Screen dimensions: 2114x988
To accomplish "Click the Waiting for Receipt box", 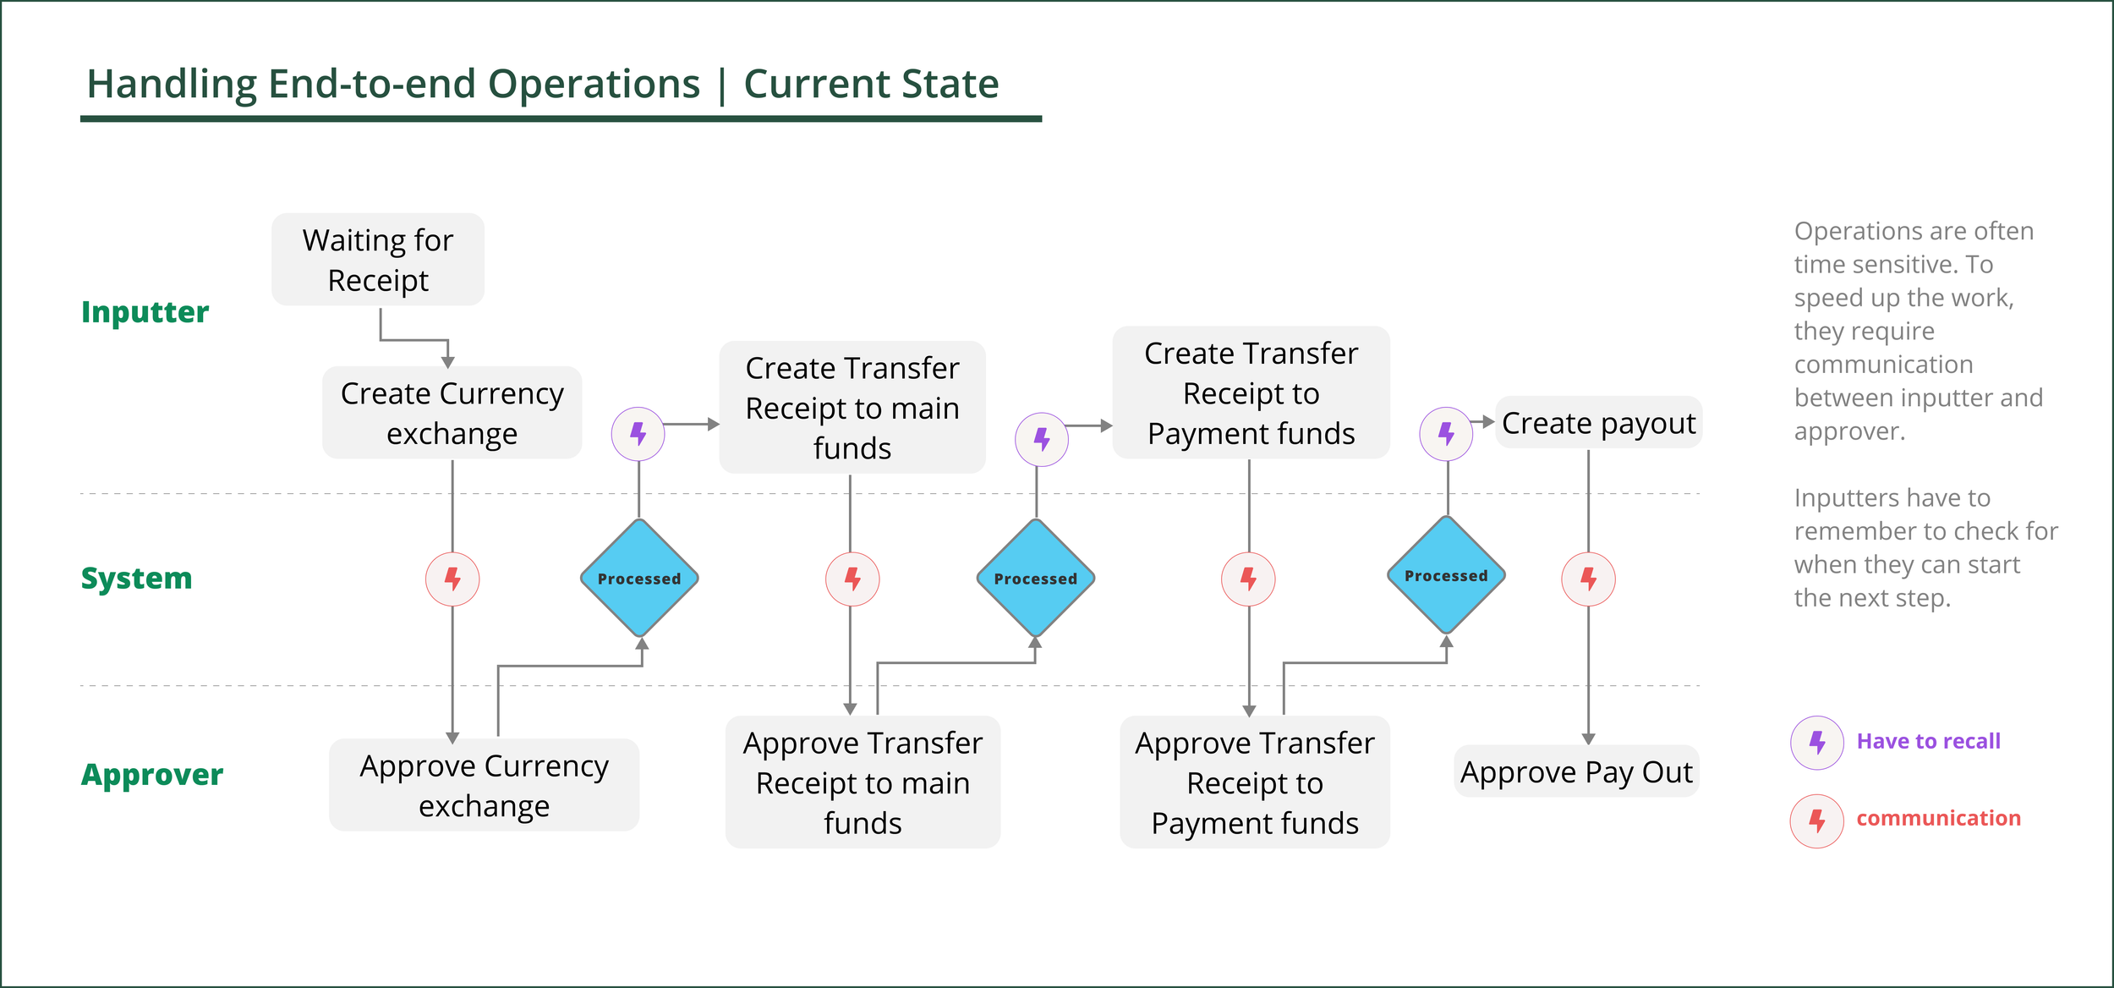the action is (378, 260).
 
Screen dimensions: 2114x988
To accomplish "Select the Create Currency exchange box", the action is (452, 413).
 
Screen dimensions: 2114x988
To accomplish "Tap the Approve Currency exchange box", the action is (484, 785).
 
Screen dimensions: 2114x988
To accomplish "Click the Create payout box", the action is (1598, 423).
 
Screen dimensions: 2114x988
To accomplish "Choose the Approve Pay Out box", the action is (1576, 771).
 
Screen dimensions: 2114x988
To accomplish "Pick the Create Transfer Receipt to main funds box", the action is (852, 408).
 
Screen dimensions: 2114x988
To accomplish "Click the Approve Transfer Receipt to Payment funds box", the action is (1255, 782).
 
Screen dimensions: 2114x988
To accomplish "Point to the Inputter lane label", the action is (145, 312).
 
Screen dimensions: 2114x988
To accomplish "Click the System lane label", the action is (136, 579).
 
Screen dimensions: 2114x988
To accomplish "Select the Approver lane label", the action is (152, 775).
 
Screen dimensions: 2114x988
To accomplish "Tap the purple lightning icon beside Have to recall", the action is (1817, 743).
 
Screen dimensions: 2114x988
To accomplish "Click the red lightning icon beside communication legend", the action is (1817, 821).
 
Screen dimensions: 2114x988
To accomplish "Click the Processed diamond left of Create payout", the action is (1446, 576).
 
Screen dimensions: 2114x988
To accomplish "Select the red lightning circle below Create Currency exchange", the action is (452, 579).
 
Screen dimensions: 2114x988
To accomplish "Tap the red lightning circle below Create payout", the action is (1588, 579).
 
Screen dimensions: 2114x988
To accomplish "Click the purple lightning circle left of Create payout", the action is (1446, 434).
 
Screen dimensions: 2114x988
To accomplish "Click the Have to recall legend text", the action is (1928, 742).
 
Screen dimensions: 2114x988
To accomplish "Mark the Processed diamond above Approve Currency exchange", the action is (639, 579).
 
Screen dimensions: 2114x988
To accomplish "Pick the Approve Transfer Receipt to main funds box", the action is (863, 782).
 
